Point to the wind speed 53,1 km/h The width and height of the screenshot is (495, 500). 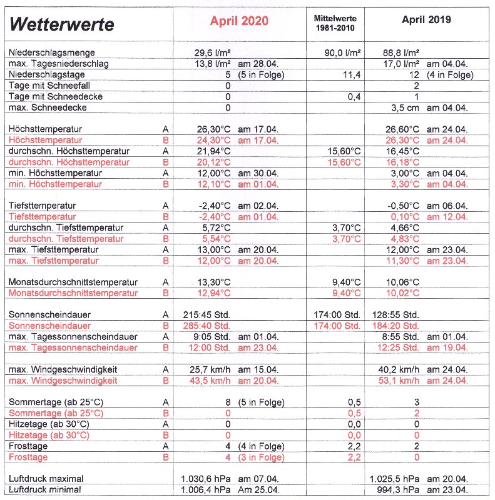click(401, 380)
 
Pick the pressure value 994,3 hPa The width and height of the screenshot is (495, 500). click(401, 489)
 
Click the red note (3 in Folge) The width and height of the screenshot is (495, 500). click(261, 457)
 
